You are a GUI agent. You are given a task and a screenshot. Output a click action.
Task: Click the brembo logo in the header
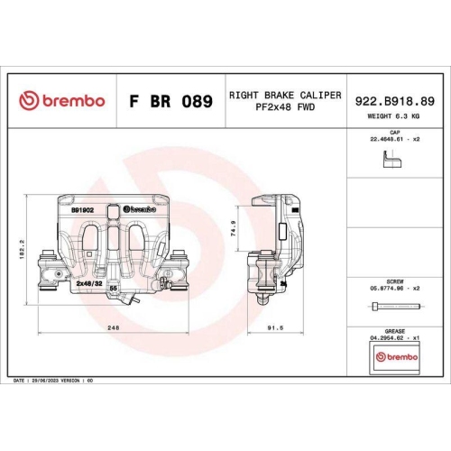62,100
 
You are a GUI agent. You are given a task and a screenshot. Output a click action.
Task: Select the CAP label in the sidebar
393,133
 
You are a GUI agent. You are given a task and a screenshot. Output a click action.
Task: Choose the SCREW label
393,280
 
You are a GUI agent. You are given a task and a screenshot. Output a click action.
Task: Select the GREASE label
393,330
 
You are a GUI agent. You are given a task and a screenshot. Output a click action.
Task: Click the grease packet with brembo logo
393,357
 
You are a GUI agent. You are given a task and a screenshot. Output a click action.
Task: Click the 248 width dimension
114,328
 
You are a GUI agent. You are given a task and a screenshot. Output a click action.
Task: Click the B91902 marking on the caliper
82,207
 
